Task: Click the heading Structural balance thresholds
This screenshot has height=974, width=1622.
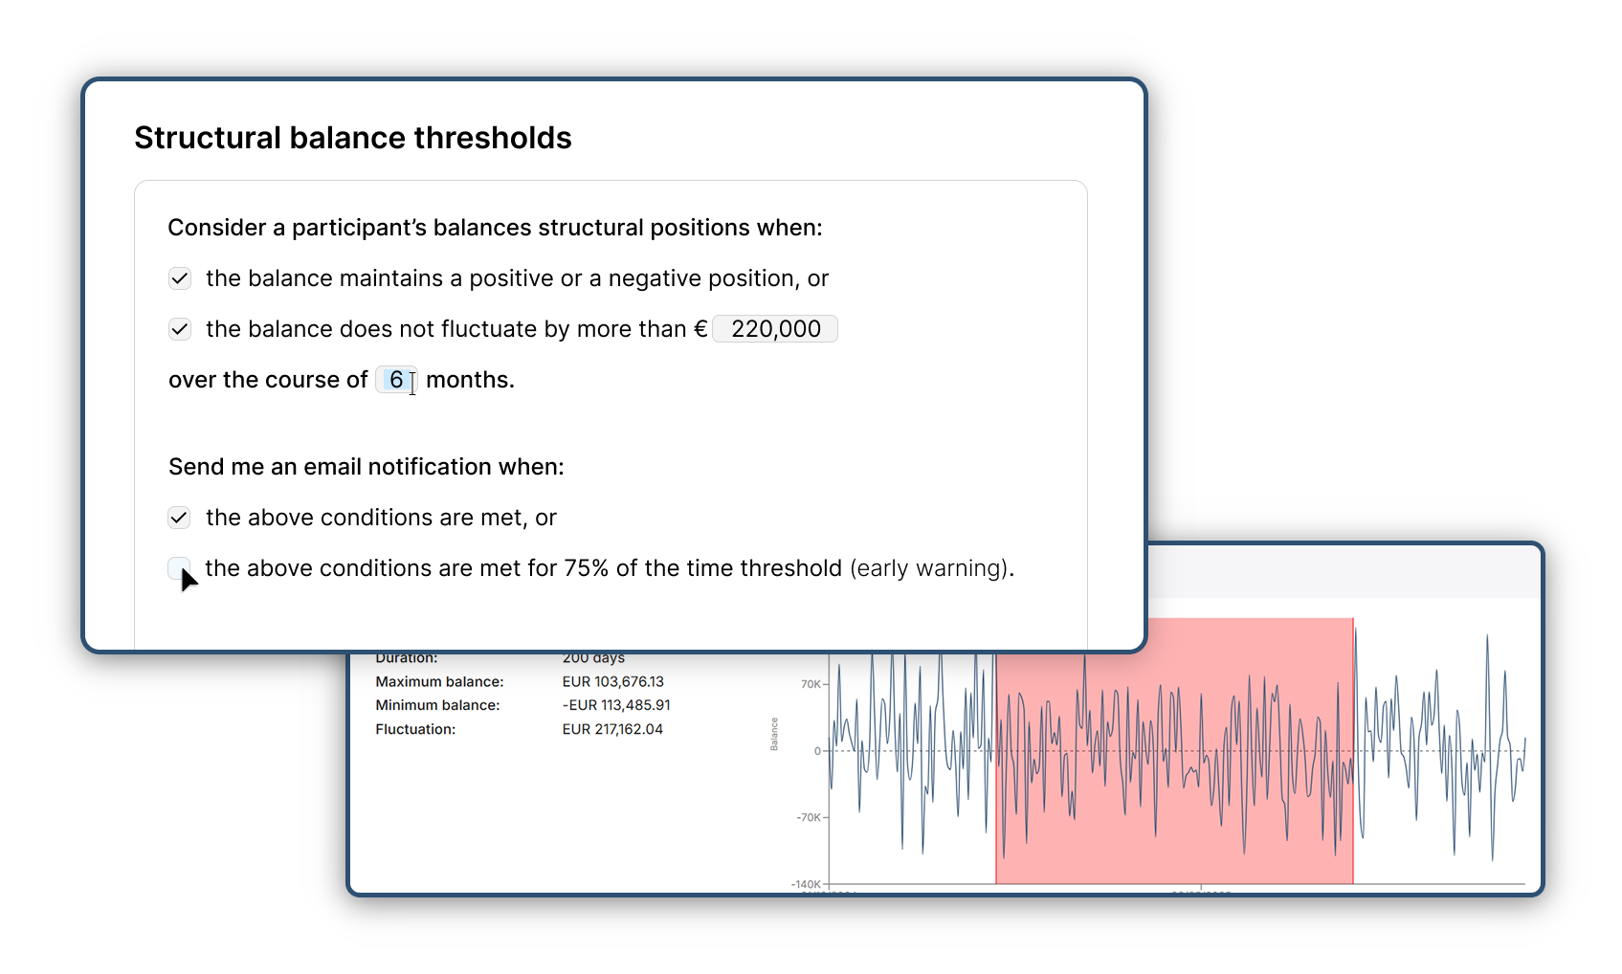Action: click(352, 138)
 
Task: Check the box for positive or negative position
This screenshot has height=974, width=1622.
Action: click(180, 278)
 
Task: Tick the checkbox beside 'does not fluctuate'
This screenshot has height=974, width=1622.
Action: click(180, 329)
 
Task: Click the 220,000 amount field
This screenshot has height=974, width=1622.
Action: click(775, 329)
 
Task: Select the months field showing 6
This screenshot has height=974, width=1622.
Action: click(396, 380)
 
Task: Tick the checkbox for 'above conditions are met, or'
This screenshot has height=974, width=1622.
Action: click(180, 518)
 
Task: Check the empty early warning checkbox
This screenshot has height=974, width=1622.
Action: click(179, 568)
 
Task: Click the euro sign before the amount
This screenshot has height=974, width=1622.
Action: click(700, 329)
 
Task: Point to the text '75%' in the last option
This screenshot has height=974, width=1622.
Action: click(586, 568)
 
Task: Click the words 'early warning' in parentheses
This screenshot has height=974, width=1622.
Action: click(929, 568)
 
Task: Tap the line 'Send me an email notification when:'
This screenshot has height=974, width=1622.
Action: click(367, 467)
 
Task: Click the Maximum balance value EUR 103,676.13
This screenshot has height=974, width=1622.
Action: click(612, 682)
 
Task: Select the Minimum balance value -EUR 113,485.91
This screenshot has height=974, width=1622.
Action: click(616, 705)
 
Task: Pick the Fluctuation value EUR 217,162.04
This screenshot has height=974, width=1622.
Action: click(612, 729)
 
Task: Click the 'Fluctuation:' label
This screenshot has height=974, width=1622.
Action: click(415, 729)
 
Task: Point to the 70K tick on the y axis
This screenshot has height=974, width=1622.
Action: click(811, 684)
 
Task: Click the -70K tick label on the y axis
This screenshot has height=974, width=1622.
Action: click(809, 817)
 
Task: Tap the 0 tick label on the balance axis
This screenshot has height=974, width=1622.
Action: click(817, 751)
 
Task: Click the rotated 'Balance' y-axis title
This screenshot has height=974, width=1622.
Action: click(774, 734)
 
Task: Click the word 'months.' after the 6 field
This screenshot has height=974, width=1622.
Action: click(470, 380)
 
